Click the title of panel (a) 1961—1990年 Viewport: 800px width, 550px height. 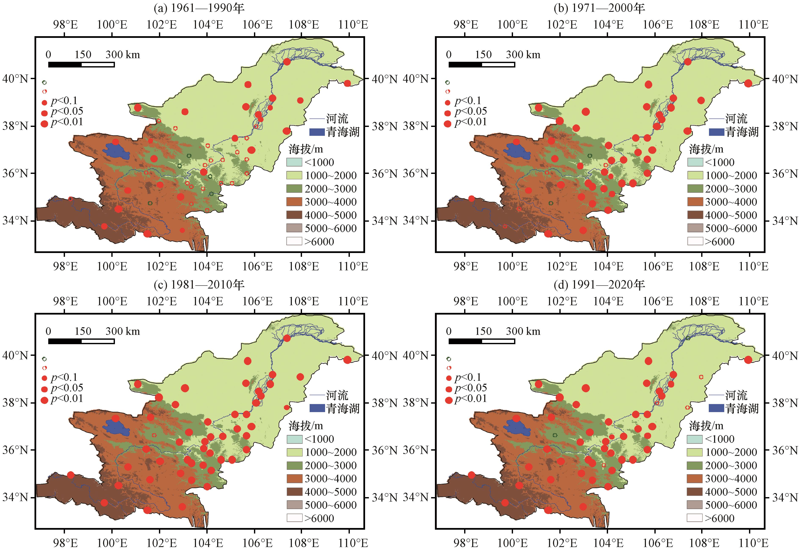199,8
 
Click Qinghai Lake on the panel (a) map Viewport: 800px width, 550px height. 116,152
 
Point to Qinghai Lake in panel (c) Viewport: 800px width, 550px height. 116,428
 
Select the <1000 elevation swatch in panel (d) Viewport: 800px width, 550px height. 695,439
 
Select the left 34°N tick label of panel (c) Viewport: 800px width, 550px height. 15,497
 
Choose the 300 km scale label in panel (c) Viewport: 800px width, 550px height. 123,331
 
